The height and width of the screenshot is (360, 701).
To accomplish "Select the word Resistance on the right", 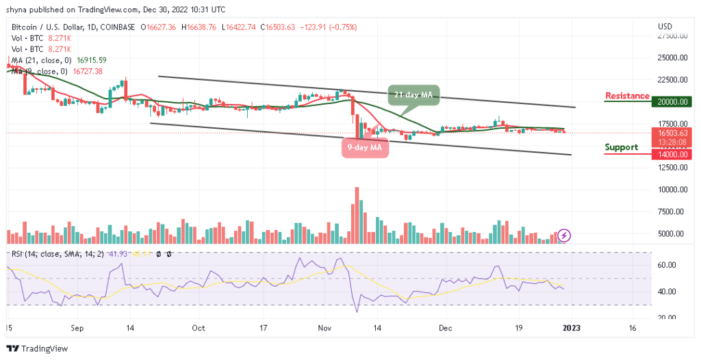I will [x=627, y=96].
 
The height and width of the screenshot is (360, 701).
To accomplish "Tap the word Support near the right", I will [x=621, y=147].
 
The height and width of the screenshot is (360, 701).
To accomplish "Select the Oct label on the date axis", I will [x=198, y=328].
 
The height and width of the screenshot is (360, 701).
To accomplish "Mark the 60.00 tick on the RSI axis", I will [x=667, y=265].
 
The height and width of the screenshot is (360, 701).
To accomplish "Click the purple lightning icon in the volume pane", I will [x=564, y=235].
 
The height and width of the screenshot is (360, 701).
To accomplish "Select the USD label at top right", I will [x=665, y=27].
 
